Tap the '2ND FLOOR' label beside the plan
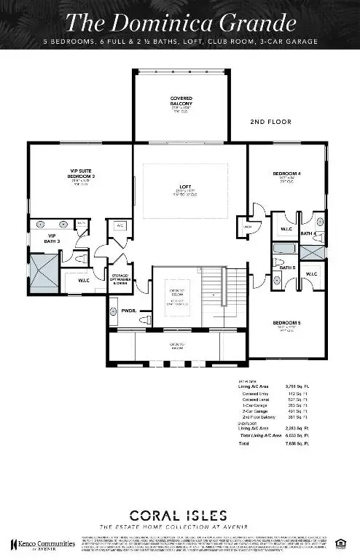click(270, 122)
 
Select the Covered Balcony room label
click(181, 100)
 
